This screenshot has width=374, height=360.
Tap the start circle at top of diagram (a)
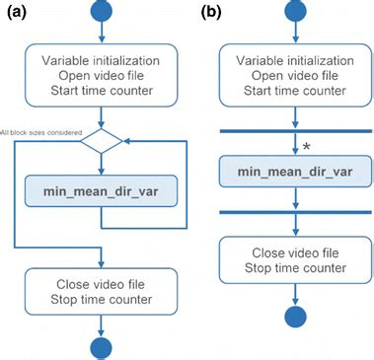point(101,12)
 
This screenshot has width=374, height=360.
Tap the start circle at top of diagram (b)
point(295,12)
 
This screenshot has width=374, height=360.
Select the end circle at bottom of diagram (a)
point(101,346)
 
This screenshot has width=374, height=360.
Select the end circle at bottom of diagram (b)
point(295,319)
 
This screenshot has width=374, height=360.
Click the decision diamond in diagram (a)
point(101,141)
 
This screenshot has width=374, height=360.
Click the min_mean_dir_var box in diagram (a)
point(101,191)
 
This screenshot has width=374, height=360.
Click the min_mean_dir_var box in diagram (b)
point(295,171)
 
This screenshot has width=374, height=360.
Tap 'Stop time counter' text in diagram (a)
point(101,300)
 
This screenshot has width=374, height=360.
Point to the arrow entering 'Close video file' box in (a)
point(101,257)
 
